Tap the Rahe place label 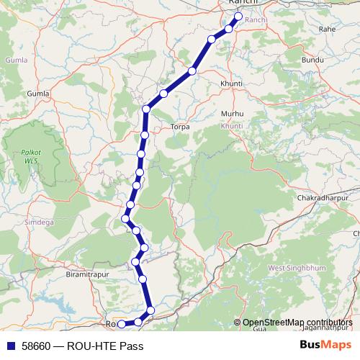(x=328, y=30)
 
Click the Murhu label (x=233, y=114)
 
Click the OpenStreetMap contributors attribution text (x=297, y=323)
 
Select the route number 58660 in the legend (x=35, y=346)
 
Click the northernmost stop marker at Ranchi (x=238, y=16)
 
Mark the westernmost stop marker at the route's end (x=122, y=324)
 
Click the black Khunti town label (x=232, y=84)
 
